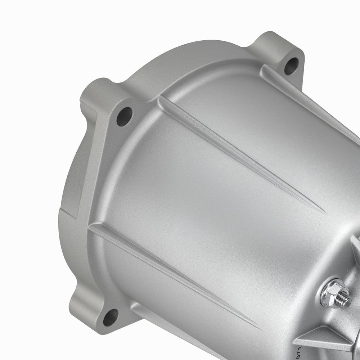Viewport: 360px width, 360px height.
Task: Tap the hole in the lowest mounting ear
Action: [x=111, y=317]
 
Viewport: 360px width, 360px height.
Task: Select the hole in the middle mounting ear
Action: [x=125, y=116]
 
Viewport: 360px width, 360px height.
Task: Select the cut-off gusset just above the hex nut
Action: [x=356, y=248]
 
